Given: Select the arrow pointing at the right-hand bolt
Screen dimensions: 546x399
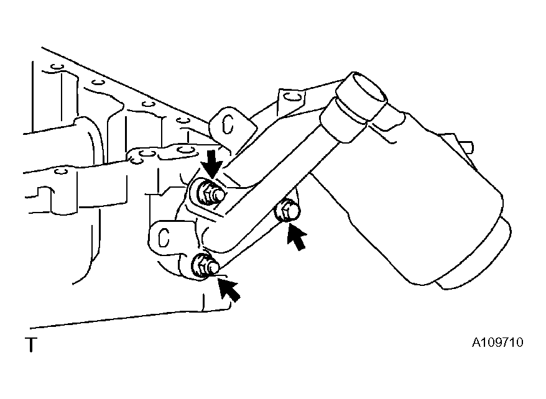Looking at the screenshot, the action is tap(296, 237).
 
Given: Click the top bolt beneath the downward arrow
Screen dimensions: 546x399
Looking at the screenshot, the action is tap(210, 193).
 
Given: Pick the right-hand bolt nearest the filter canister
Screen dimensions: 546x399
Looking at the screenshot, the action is tap(287, 211).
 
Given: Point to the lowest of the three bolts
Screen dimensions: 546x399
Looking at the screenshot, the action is tap(205, 266).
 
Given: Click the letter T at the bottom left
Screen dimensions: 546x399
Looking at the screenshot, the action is tap(31, 344).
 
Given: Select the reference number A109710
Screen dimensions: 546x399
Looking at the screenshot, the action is tap(497, 342).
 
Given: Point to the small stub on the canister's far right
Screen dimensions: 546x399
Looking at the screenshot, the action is tap(466, 146).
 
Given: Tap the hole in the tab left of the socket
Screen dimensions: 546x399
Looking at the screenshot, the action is tap(291, 96).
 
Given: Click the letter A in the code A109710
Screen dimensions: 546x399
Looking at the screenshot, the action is tap(476, 342).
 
